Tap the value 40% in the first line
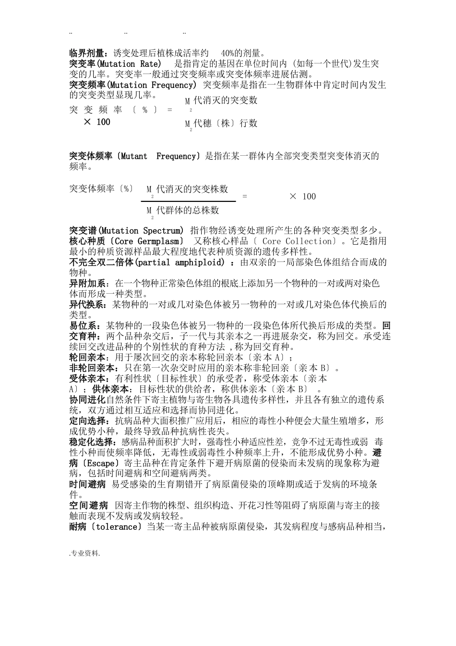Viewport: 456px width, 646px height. tap(231, 53)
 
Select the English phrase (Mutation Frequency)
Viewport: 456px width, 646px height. tap(151, 85)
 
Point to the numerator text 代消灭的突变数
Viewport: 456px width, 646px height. tap(225, 100)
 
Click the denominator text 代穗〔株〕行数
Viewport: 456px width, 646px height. tap(225, 124)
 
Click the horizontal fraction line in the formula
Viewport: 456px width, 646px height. tap(189, 201)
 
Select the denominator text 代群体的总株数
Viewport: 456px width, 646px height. tap(188, 210)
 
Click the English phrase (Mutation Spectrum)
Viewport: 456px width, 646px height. tap(141, 231)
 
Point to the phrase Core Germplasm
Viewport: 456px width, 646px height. tap(146, 241)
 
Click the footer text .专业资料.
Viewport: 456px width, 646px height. tap(84, 554)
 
